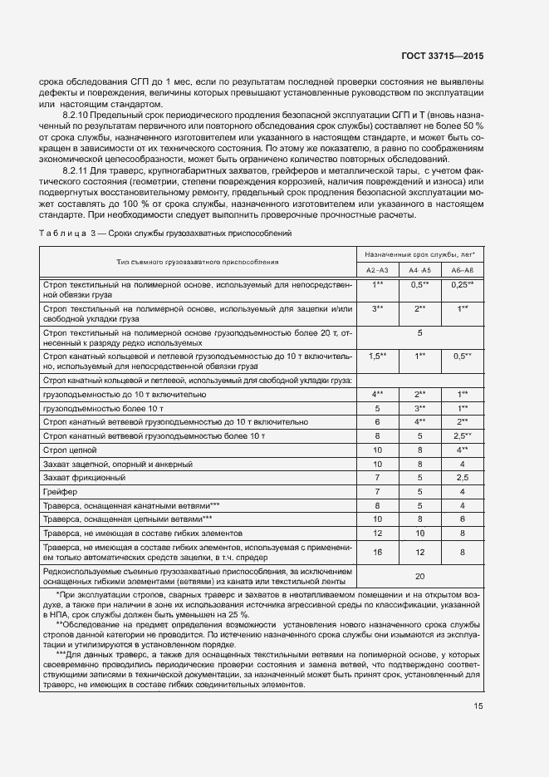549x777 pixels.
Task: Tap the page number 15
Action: point(478,706)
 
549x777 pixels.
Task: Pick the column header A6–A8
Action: point(463,270)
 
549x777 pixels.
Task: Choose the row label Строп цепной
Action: point(73,449)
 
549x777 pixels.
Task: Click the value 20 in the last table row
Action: point(419,576)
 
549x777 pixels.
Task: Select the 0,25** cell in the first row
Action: point(463,285)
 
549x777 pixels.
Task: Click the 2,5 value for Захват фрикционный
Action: point(463,477)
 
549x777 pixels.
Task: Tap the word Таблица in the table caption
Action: point(60,234)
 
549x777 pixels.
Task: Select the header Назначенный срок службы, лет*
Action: point(419,251)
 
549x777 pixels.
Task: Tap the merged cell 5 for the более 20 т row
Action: point(419,332)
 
